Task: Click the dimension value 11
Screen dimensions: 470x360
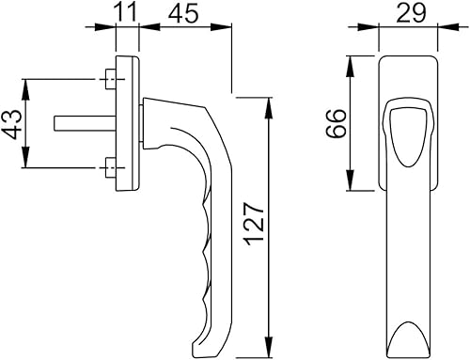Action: coord(127,12)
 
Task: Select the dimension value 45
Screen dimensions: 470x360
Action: coord(183,13)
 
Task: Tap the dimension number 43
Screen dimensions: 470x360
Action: coord(13,124)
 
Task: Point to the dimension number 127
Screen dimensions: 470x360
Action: coord(256,225)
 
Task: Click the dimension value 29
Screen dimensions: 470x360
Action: coord(411,13)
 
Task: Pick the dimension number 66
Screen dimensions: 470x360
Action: coord(336,123)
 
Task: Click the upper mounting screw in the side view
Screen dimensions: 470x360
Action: coord(110,79)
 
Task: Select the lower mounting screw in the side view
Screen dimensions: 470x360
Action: coord(110,167)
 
